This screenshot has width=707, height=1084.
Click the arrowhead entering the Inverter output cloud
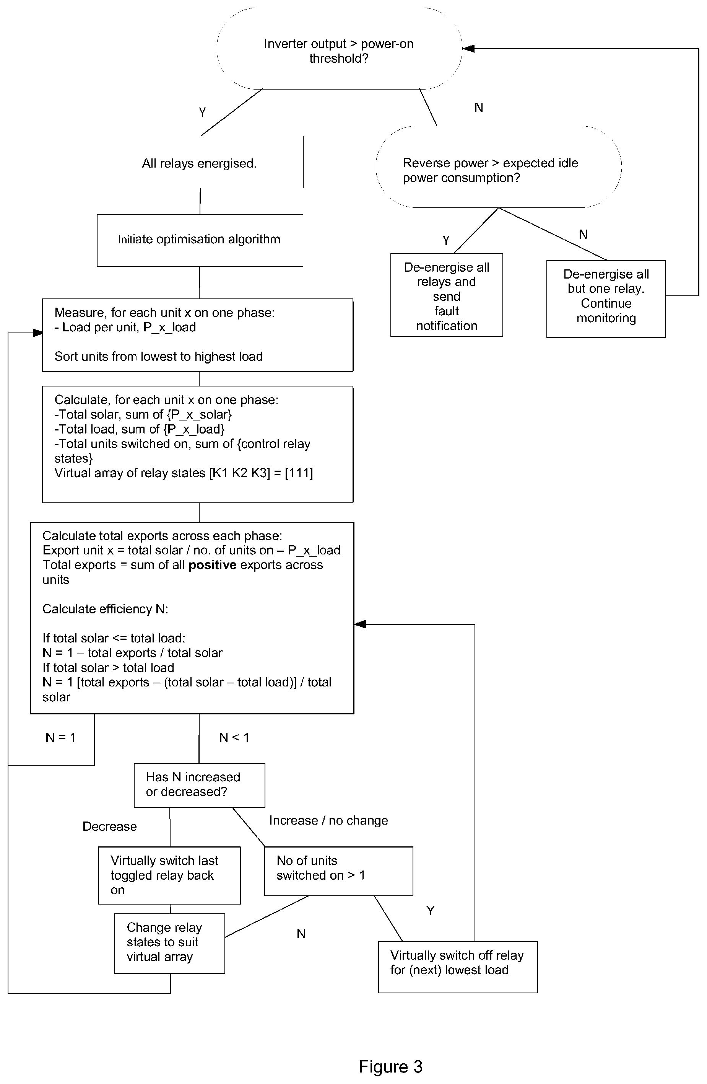pos(468,48)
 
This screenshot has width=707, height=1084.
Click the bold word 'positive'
pos(213,565)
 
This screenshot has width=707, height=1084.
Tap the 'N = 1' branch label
pos(60,737)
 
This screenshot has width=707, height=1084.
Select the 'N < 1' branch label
pos(234,737)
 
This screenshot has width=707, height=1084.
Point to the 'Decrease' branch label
pos(110,826)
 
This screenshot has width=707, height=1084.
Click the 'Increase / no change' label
pos(329,820)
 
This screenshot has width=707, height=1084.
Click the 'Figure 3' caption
pos(391,1067)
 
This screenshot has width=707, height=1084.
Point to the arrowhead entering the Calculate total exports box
pos(360,624)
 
